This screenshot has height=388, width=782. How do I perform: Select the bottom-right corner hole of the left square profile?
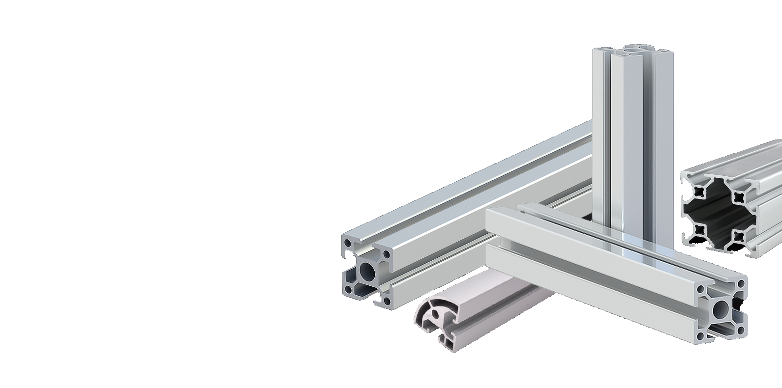[x=387, y=301]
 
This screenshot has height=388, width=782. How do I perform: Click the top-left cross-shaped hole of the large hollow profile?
[x=699, y=191]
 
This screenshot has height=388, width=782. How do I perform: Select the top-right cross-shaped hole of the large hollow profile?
[x=737, y=197]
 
